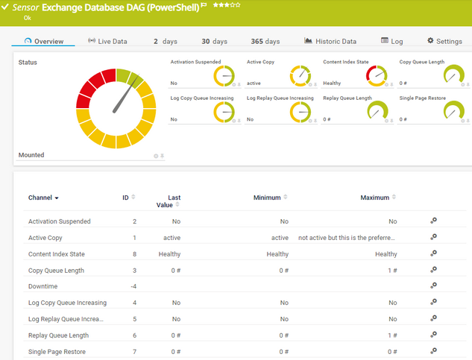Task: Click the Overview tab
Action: pyautogui.click(x=44, y=41)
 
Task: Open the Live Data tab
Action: pyautogui.click(x=107, y=41)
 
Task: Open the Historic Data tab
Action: pyautogui.click(x=330, y=41)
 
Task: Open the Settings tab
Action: pyautogui.click(x=444, y=41)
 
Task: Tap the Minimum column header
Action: pyautogui.click(x=266, y=198)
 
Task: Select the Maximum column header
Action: pyautogui.click(x=375, y=198)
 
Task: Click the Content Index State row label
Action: pyautogui.click(x=57, y=254)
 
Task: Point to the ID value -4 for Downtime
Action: pyautogui.click(x=133, y=286)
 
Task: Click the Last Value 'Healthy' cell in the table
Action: pyautogui.click(x=169, y=254)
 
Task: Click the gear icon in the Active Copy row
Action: pyautogui.click(x=433, y=238)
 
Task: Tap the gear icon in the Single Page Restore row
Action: pyautogui.click(x=433, y=351)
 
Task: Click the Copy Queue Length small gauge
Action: pyautogui.click(x=453, y=75)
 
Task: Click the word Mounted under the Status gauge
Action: pyautogui.click(x=31, y=155)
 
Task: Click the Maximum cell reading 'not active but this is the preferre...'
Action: pyautogui.click(x=347, y=238)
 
